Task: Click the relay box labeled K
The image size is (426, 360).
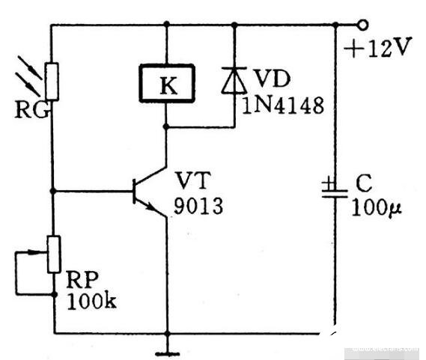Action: coord(167,83)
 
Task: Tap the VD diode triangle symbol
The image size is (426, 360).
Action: coord(234,80)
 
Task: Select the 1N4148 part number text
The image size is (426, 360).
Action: coord(283,106)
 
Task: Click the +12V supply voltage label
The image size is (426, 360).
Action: coord(377,47)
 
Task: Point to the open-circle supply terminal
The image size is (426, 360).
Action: coord(362,25)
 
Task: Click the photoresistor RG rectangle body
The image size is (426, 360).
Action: coord(52,82)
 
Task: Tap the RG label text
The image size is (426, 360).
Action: coord(32,110)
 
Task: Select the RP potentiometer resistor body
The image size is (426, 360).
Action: coord(54,254)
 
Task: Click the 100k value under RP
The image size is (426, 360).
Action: coord(91,301)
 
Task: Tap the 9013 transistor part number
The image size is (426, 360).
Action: coord(198,206)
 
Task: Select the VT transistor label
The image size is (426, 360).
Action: coord(193,180)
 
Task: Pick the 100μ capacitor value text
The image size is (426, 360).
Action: coord(377,208)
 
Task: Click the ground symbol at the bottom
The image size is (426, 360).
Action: coord(168,353)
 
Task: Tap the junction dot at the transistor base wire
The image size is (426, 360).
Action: coord(53,191)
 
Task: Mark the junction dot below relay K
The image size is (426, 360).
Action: coord(166,126)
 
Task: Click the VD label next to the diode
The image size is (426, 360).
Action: coord(272,79)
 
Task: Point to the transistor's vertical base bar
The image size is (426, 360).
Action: coord(134,192)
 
